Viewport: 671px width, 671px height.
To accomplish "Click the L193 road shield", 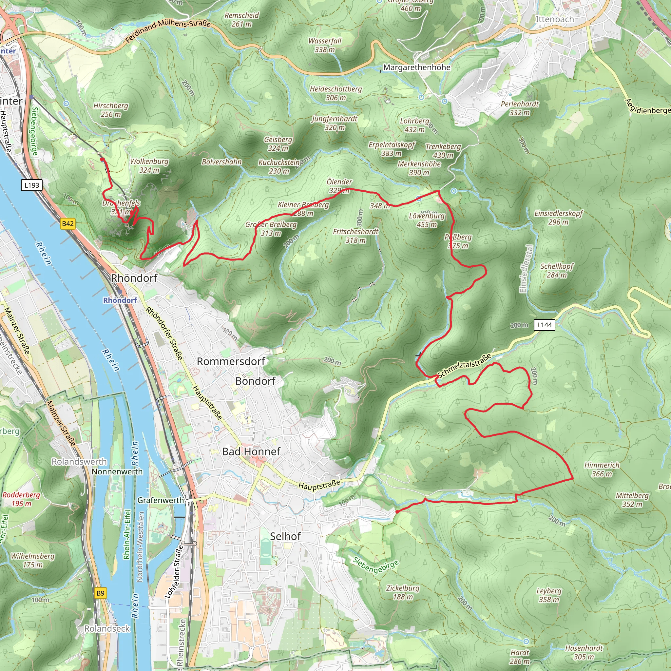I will [x=31, y=185].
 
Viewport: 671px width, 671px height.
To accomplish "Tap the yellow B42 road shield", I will [x=68, y=224].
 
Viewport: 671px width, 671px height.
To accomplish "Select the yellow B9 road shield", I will [x=100, y=593].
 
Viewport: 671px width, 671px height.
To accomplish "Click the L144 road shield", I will [x=544, y=325].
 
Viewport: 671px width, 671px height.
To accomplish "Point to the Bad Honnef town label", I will [x=251, y=451].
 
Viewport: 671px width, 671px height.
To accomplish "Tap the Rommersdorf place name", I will [x=231, y=361].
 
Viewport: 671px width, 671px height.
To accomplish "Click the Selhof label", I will [x=285, y=536].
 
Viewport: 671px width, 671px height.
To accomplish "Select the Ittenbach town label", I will [x=554, y=19].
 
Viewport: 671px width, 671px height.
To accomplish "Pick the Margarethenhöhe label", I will [x=417, y=67].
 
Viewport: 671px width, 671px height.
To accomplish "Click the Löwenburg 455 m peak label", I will [x=427, y=220].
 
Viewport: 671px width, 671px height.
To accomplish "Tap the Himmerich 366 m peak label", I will [x=602, y=469].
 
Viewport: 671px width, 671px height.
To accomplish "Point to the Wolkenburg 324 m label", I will [x=149, y=166].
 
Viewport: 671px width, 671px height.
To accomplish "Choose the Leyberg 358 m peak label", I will [x=549, y=595].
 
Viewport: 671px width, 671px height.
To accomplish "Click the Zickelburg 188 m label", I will [x=403, y=592].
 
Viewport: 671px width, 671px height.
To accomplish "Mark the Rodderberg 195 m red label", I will [x=21, y=499].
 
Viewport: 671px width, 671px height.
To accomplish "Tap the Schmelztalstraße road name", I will [x=464, y=365].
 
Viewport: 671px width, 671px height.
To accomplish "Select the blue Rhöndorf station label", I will [x=120, y=300].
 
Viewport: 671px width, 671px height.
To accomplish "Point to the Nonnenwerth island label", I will [x=117, y=472].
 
